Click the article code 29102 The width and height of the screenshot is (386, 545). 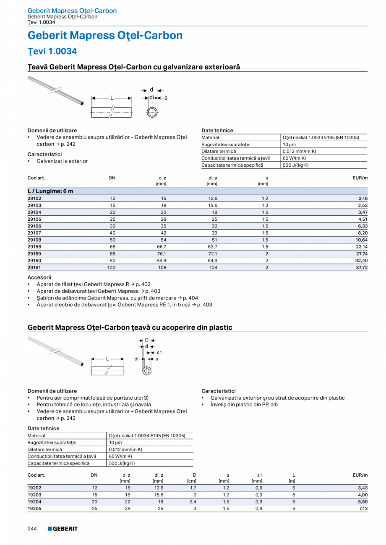pos(34,198)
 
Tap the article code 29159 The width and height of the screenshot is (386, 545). pos(34,253)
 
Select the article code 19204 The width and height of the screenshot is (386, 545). pos(34,501)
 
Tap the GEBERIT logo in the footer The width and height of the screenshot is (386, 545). pos(63,529)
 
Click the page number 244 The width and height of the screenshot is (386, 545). pos(32,529)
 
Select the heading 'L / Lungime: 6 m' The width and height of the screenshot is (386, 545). pos(50,191)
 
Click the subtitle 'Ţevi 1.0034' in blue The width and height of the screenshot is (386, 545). pos(52,52)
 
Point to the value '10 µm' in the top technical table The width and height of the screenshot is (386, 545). pos(289,145)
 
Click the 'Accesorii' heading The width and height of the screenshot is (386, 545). pos(39,277)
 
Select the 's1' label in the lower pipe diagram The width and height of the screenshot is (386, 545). pos(159,352)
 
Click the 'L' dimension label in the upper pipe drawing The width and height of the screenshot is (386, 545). pos(112,98)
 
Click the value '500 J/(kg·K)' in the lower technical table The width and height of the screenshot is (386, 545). pos(122,463)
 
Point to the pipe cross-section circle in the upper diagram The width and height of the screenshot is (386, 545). pos(152,112)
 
